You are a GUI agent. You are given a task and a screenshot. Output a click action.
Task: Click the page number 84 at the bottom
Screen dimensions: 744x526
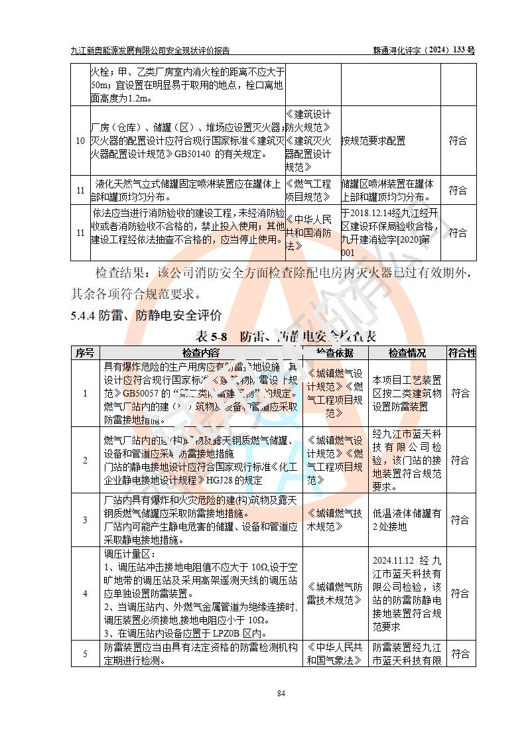[x=281, y=693]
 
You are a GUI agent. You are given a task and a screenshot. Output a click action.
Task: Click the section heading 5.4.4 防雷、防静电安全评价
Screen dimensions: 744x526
[x=146, y=316]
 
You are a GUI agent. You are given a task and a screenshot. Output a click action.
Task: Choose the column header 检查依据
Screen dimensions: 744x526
[x=335, y=353]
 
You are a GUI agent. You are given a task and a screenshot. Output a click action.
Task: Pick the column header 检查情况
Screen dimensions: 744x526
[x=407, y=353]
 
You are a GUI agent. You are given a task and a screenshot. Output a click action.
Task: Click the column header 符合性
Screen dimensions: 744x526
[x=461, y=353]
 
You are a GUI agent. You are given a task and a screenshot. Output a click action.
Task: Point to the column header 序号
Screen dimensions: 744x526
[x=85, y=353]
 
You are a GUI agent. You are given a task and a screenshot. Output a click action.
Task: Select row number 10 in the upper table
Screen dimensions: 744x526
[x=80, y=141]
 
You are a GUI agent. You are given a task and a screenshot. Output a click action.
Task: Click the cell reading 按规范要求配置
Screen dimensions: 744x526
[x=373, y=141]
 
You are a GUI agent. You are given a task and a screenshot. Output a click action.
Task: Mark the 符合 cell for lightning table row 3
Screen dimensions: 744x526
[x=460, y=519]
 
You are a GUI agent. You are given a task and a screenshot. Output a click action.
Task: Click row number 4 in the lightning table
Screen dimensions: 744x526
[x=85, y=593]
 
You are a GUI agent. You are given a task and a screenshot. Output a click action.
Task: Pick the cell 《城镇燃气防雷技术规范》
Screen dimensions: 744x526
[x=335, y=593]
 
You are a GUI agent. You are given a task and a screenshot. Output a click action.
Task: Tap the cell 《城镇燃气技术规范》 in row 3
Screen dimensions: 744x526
[x=335, y=519]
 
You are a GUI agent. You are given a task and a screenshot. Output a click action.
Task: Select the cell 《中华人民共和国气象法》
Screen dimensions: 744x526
[x=335, y=654]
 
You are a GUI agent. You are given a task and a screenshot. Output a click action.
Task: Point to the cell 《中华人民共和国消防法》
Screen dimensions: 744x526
[x=312, y=232]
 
